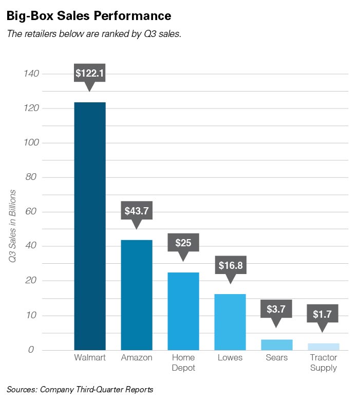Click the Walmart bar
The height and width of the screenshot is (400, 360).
pyautogui.click(x=90, y=226)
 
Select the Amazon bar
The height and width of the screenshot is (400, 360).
pyautogui.click(x=137, y=295)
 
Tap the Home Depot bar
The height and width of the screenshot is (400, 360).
pyautogui.click(x=183, y=311)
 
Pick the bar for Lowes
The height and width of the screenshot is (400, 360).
pyautogui.click(x=230, y=322)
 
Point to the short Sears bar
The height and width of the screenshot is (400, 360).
pyautogui.click(x=276, y=345)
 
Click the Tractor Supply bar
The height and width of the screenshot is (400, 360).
pyautogui.click(x=323, y=347)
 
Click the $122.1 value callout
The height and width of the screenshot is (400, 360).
pyautogui.click(x=90, y=74)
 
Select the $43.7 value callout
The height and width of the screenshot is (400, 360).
pyautogui.click(x=137, y=211)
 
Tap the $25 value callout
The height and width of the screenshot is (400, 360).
pyautogui.click(x=183, y=243)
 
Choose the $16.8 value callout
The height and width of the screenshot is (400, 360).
pyautogui.click(x=230, y=266)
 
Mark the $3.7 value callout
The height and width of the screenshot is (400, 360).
pyautogui.click(x=276, y=310)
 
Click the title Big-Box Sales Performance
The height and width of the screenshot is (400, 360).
pyautogui.click(x=89, y=16)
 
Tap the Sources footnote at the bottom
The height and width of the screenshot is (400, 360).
pyautogui.click(x=80, y=388)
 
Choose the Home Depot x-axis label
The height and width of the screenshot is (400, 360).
pyautogui.click(x=183, y=362)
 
